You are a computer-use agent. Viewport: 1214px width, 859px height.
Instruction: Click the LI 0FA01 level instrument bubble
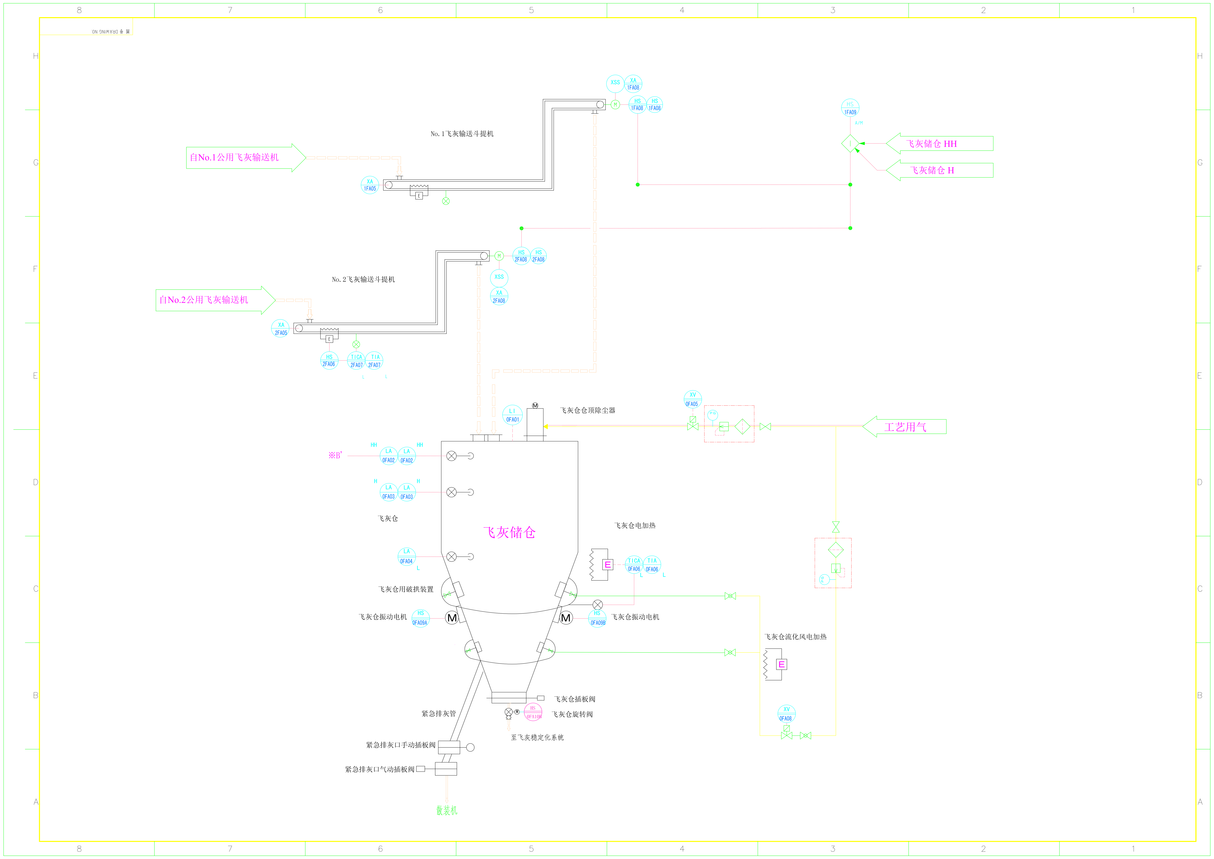(x=512, y=415)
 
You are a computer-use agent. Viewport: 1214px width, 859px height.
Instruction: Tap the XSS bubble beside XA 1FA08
(x=615, y=83)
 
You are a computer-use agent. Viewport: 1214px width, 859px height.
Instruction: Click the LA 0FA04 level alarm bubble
(x=406, y=557)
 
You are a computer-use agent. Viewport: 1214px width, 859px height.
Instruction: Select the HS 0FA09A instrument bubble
(x=420, y=618)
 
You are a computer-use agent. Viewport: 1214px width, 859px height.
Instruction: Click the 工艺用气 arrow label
(x=905, y=427)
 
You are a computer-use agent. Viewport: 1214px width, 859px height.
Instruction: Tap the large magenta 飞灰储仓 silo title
(x=509, y=532)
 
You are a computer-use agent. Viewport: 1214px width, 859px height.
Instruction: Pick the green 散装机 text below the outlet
(x=447, y=810)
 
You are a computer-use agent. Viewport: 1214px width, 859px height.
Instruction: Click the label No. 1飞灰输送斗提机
(x=462, y=134)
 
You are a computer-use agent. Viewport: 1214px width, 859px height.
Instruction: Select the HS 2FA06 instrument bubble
(x=329, y=361)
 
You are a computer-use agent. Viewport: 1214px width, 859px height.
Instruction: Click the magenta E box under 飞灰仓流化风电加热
(x=781, y=664)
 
